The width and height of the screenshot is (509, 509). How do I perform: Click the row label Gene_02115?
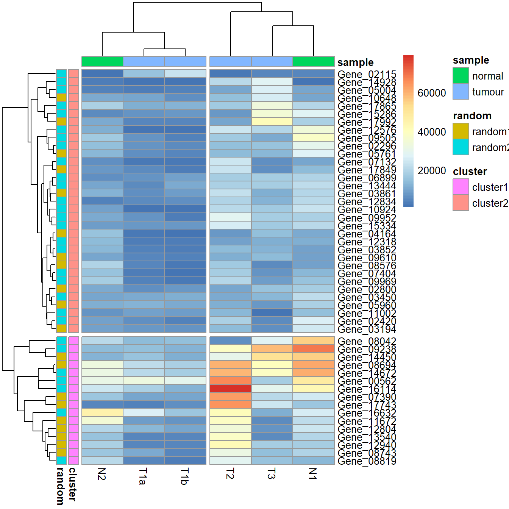coord(367,74)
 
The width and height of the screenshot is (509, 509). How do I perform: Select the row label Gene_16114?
coord(367,389)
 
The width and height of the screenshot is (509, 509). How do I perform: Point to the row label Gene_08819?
coord(367,461)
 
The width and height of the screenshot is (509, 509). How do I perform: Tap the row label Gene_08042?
coord(367,341)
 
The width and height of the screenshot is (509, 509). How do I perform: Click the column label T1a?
coord(142,476)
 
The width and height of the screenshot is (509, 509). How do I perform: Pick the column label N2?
coord(101,474)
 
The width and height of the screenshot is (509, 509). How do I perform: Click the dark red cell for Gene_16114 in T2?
coord(230,389)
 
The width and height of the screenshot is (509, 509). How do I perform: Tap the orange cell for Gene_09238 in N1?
coord(313,349)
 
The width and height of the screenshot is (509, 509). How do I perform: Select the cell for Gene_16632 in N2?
coord(102,412)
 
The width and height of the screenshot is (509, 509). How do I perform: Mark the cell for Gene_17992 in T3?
coord(272,122)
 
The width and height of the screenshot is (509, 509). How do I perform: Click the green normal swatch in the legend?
coord(461,76)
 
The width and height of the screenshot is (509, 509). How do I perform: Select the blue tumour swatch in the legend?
coord(461,92)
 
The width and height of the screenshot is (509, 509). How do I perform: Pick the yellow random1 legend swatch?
coord(461,131)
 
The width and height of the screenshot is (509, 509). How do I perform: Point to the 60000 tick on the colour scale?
coord(431,93)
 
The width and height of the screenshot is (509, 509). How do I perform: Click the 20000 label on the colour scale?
coord(431,171)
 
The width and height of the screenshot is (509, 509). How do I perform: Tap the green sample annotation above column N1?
coord(313,61)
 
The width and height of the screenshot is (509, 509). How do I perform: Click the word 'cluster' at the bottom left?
coord(72,484)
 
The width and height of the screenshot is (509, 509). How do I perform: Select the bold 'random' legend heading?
coord(472,116)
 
